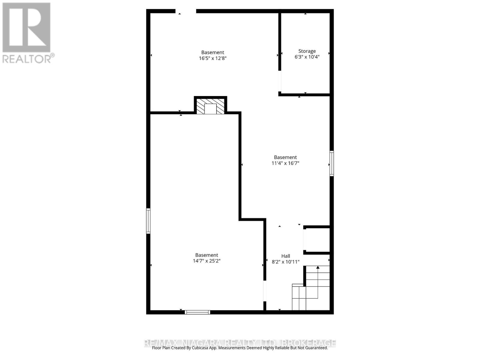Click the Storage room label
coord(307,51)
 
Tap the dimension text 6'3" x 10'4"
coord(307,57)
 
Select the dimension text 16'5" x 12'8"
coord(212,58)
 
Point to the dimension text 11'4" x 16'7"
coord(285,163)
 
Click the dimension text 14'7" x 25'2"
coord(206,261)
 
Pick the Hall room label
coord(286,256)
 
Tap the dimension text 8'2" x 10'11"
coord(286,262)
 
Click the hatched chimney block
coord(210,106)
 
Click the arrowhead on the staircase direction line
coord(318,267)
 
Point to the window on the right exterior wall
coord(331,163)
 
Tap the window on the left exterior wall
coord(148,221)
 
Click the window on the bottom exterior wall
coord(197,312)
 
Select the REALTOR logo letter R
coord(26,28)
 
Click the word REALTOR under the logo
coord(27,58)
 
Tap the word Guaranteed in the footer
coord(316,348)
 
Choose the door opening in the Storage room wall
coord(280,81)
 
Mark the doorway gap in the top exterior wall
coord(186,11)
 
